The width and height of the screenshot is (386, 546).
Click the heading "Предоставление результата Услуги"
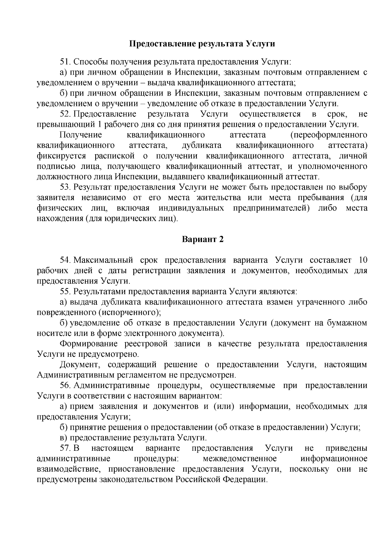(x=202, y=44)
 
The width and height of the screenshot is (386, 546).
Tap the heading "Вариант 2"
(x=202, y=239)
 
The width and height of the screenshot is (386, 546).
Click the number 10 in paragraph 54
(x=363, y=260)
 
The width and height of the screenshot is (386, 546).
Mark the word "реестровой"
(x=146, y=344)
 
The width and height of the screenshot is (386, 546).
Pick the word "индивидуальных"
(x=191, y=208)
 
